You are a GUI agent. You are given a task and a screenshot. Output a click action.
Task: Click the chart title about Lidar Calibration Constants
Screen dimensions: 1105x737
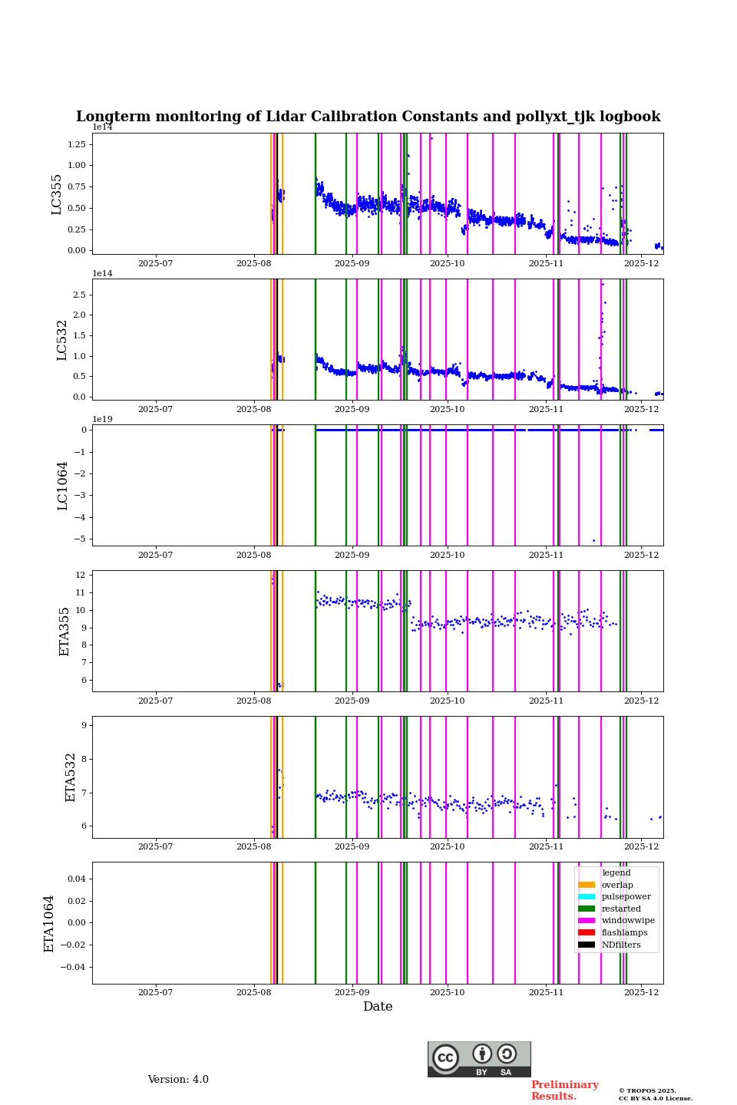pos(368,117)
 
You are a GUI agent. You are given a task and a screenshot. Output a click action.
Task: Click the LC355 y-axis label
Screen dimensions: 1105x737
pos(57,194)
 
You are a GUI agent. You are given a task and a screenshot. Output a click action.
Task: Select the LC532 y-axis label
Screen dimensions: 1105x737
pos(62,340)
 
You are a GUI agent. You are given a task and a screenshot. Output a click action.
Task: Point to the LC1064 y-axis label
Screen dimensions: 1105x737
pos(62,486)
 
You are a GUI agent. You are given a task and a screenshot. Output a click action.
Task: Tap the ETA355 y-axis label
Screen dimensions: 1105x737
pos(64,632)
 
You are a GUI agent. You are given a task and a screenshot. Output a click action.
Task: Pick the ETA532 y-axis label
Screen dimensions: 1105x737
pos(70,777)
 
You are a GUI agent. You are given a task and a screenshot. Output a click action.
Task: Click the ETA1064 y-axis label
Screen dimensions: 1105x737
pos(49,923)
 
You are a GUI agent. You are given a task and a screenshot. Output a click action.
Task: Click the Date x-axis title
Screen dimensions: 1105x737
pos(378,1007)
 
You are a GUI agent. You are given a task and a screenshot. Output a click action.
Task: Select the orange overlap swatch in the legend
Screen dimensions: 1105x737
pos(587,885)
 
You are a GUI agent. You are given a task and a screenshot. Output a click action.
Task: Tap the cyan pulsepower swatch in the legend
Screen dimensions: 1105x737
pos(587,897)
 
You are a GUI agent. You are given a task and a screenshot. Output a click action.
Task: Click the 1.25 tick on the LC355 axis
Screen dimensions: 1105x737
pos(77,144)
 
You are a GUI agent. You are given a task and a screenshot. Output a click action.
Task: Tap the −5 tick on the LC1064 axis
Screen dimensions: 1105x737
pos(80,539)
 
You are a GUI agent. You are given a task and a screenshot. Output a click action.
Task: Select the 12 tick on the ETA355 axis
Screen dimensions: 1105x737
pos(80,575)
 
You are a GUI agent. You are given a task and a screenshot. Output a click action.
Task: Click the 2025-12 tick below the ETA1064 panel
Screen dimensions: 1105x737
pos(642,992)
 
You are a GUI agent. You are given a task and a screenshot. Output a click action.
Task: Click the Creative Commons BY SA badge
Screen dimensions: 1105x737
pos(479,1059)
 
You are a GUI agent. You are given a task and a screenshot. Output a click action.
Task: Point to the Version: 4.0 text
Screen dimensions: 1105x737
pos(178,1080)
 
